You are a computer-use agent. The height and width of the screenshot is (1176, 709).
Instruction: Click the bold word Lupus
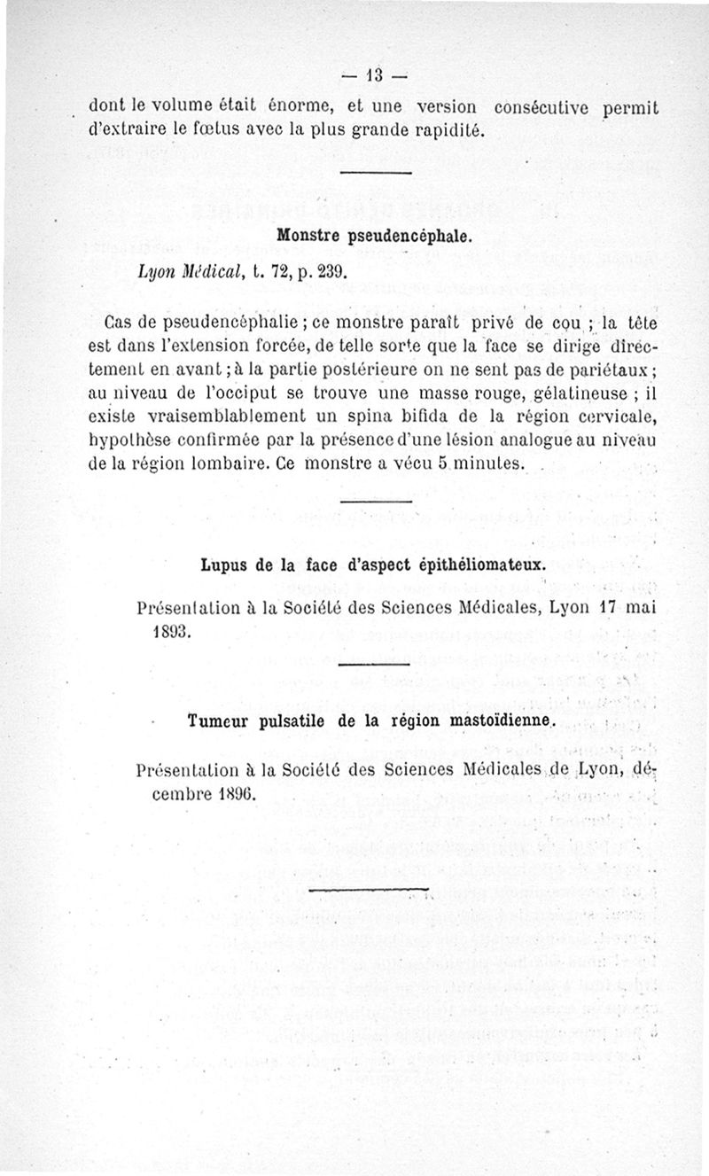coord(224,564)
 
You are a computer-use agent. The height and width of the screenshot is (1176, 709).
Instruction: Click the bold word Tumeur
coord(220,721)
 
